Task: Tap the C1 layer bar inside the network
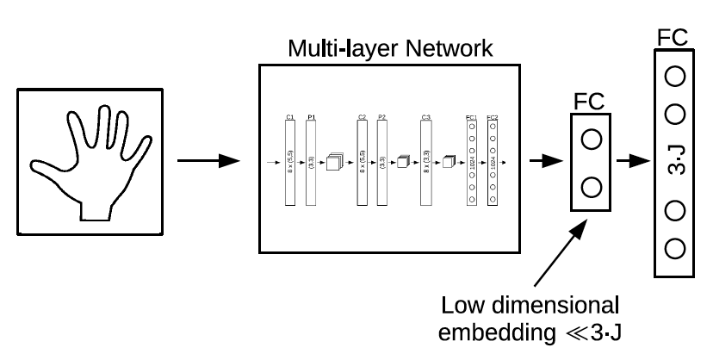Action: tap(289, 161)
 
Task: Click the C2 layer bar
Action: tap(362, 161)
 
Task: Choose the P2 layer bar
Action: tap(382, 161)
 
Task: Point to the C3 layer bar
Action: tap(425, 161)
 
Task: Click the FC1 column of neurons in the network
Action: tap(470, 161)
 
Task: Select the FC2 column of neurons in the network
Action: tap(492, 161)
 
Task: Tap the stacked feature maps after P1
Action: tap(335, 162)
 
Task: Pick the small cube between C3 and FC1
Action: tap(447, 161)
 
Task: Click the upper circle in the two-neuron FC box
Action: tap(592, 140)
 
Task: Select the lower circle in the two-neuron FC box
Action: tap(592, 186)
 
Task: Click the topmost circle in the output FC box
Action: tap(675, 75)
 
